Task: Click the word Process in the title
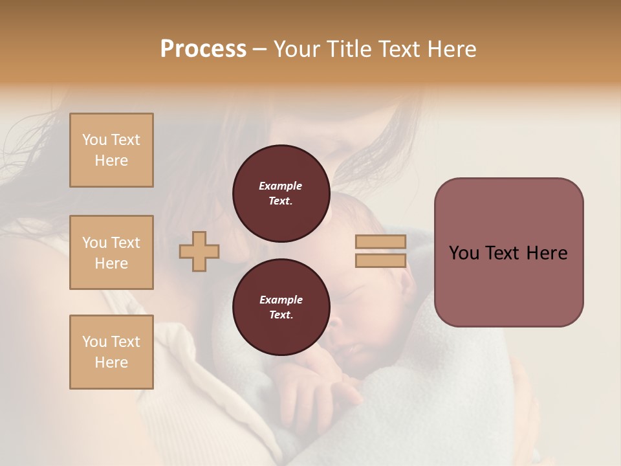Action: click(x=203, y=49)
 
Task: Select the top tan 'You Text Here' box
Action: click(x=111, y=150)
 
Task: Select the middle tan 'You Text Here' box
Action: click(x=111, y=252)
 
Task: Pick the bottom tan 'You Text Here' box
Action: click(x=111, y=352)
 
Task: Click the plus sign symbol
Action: click(x=199, y=251)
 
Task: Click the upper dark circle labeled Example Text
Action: click(x=281, y=193)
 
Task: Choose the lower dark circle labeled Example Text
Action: click(x=281, y=307)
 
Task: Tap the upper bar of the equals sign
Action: click(x=380, y=241)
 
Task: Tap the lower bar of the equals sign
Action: click(x=380, y=260)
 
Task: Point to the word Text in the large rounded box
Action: click(x=505, y=253)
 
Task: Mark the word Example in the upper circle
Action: click(x=281, y=186)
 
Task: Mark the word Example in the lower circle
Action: click(x=281, y=300)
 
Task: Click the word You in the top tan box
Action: click(x=94, y=140)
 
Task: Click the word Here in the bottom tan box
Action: click(x=111, y=362)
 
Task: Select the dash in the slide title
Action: click(x=260, y=50)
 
